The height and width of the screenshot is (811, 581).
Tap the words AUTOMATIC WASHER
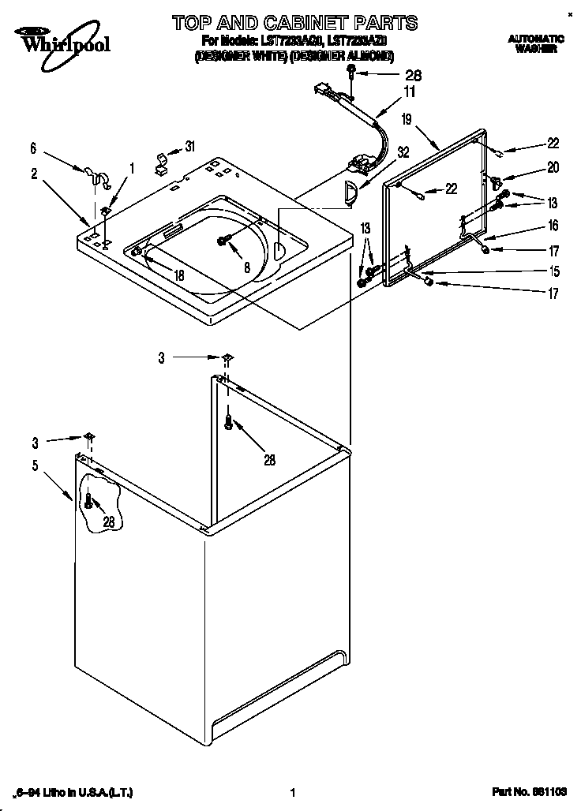(535, 43)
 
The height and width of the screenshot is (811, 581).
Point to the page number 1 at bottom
(292, 793)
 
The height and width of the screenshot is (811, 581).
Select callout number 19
(407, 120)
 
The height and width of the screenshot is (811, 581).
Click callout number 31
(189, 145)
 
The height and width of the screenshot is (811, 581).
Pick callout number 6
(33, 148)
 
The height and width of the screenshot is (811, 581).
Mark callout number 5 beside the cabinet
(35, 465)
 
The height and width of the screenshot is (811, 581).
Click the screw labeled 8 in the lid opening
(224, 240)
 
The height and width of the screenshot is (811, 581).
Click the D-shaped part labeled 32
(351, 191)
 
